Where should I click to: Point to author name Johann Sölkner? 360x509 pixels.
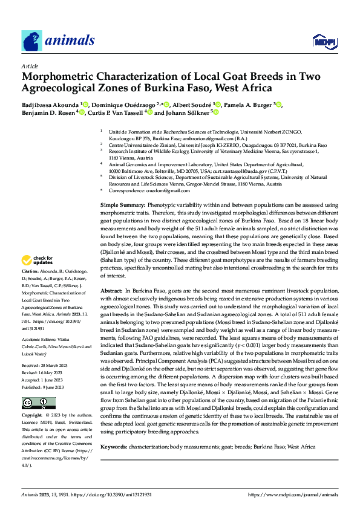[x=185, y=112]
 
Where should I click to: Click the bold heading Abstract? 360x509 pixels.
[x=111, y=291]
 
